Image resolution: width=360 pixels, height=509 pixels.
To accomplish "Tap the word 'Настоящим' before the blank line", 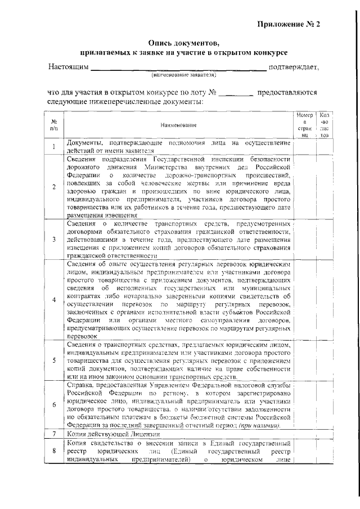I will pos(68,67).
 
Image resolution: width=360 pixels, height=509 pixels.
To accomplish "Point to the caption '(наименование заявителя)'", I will pos(183,75).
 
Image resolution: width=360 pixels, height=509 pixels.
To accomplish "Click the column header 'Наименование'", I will pos(178,125).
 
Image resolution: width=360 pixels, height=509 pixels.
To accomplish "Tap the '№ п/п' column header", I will pos(54,125).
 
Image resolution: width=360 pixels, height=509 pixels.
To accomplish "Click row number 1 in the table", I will pos(54,147).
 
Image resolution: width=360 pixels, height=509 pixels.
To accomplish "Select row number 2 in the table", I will pos(54,187).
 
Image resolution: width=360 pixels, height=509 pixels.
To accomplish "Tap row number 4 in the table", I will pos(54,300).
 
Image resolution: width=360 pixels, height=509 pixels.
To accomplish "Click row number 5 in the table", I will pos(54,361).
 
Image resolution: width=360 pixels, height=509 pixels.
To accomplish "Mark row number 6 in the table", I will pos(54,406).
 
